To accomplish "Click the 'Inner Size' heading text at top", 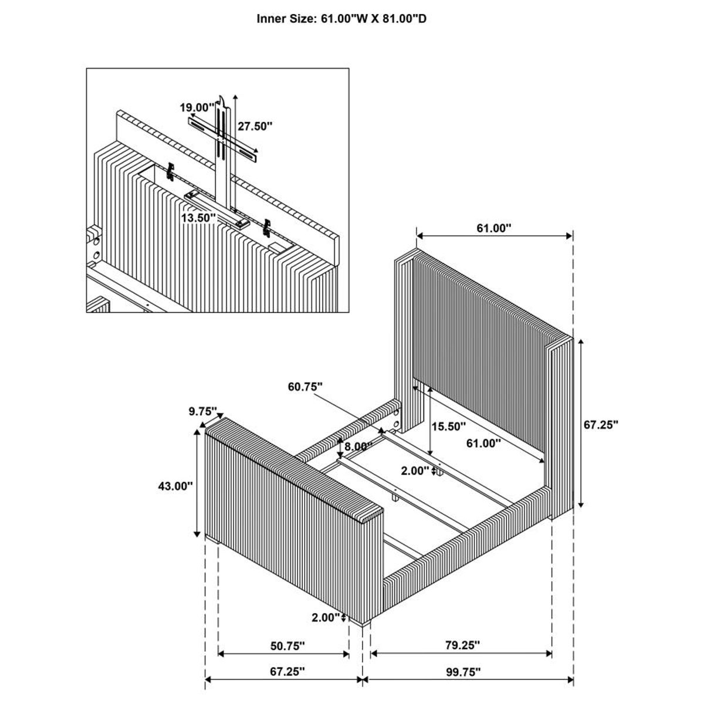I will coord(341,19).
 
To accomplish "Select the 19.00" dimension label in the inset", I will coord(197,107).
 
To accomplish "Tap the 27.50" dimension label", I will coord(255,126).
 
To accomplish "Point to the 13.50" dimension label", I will coord(198,218).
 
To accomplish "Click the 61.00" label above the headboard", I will coord(494,228).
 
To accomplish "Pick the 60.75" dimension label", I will coord(306,387).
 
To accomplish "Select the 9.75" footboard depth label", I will coord(203,411).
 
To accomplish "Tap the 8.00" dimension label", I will coord(358,446).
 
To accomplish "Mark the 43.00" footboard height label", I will coord(175,486).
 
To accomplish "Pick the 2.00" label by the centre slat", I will coord(415,470).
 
